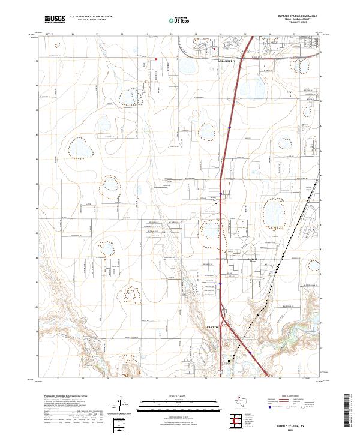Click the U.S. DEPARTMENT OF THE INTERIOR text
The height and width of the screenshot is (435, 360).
91,17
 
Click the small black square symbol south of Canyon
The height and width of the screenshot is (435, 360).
228,361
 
